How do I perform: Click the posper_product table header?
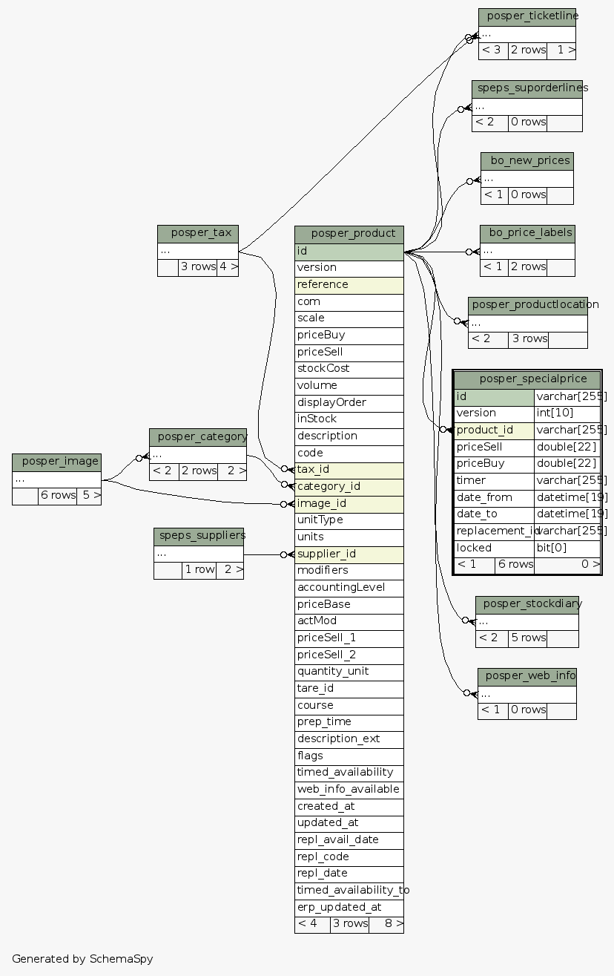pyautogui.click(x=349, y=234)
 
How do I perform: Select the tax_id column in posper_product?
pyautogui.click(x=349, y=470)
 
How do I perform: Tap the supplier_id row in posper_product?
pyautogui.click(x=349, y=554)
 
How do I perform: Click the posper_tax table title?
pyautogui.click(x=197, y=233)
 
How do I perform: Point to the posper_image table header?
pyautogui.click(x=56, y=462)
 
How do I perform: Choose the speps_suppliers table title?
pyautogui.click(x=198, y=535)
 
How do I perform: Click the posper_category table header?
pyautogui.click(x=197, y=436)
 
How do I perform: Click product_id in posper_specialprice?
pyautogui.click(x=493, y=430)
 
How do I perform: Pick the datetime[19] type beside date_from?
pyautogui.click(x=567, y=497)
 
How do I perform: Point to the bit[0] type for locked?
pyautogui.click(x=567, y=548)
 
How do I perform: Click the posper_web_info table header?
pyautogui.click(x=526, y=676)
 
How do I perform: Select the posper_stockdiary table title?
pyautogui.click(x=526, y=603)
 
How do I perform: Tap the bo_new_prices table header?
pyautogui.click(x=526, y=160)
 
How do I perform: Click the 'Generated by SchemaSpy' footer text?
pyautogui.click(x=82, y=958)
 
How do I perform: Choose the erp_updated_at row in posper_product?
pyautogui.click(x=349, y=907)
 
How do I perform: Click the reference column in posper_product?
pyautogui.click(x=349, y=284)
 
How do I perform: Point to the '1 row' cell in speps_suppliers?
pyautogui.click(x=199, y=570)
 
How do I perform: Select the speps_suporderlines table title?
pyautogui.click(x=526, y=88)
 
